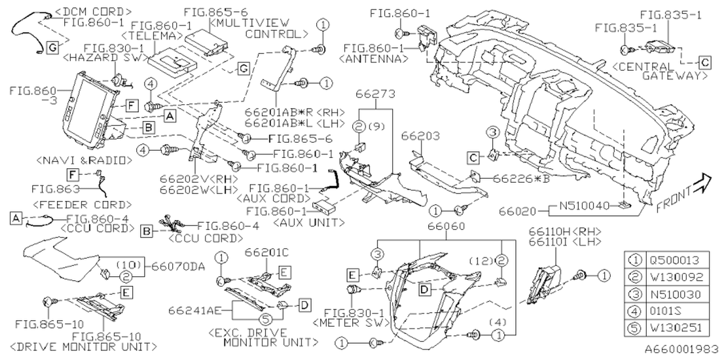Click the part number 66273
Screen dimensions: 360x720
point(373,93)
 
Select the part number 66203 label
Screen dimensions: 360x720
point(421,137)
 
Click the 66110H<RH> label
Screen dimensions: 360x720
point(566,231)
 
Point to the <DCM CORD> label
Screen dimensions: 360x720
point(94,11)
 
